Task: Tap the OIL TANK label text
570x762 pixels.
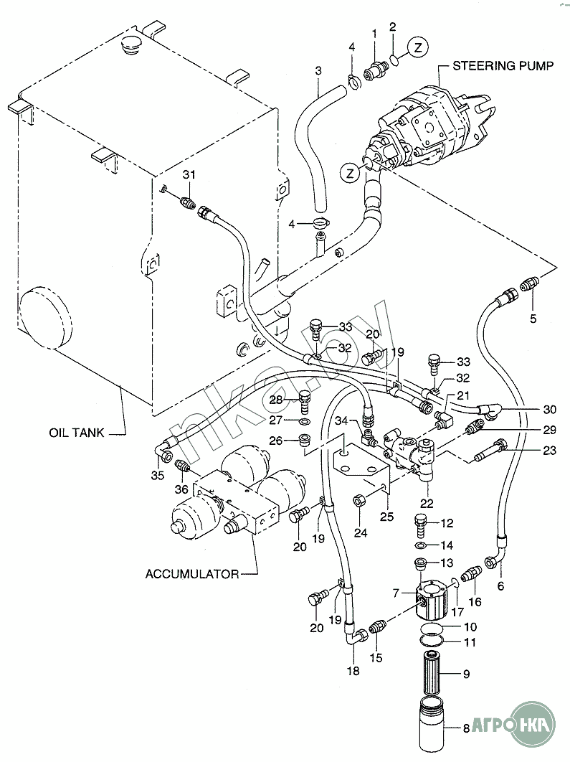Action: coord(77,433)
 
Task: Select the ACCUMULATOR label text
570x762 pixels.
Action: coord(191,574)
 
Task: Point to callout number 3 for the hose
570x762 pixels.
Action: coord(318,70)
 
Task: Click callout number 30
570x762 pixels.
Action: coord(549,410)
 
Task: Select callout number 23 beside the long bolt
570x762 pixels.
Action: coord(549,451)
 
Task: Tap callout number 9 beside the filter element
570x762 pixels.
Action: coord(465,674)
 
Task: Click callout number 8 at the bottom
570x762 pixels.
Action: coord(465,729)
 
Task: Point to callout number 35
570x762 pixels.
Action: coord(158,475)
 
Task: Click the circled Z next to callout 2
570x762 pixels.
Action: coord(418,47)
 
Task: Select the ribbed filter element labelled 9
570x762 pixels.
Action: coord(434,674)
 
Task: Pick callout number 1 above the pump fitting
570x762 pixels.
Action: coord(374,33)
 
